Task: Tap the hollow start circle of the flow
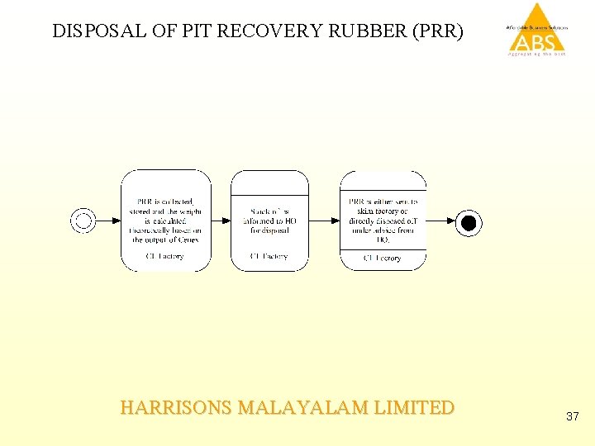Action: pos(83,221)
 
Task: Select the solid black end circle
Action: pos(469,221)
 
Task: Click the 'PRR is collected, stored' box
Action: pos(166,221)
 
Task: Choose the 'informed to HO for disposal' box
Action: pos(269,221)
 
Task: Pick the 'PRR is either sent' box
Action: pos(383,221)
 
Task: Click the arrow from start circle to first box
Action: pos(108,221)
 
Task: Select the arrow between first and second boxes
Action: pos(221,221)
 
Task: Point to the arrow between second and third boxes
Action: pos(324,221)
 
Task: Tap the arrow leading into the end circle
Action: pos(441,221)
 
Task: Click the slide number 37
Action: pos(573,417)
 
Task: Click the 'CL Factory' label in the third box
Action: pos(383,259)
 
